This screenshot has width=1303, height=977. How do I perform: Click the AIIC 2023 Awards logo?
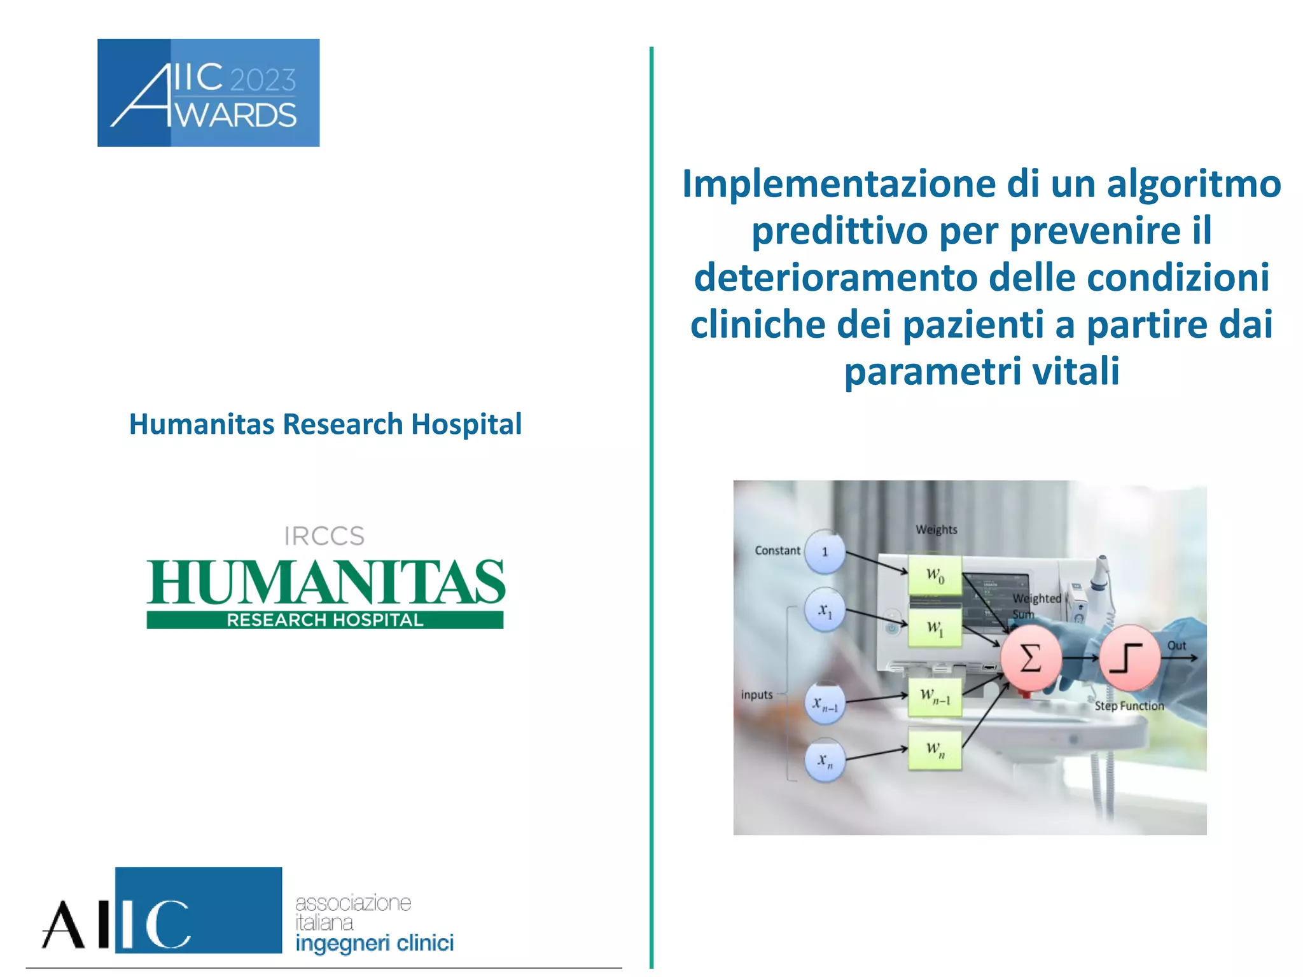(x=208, y=93)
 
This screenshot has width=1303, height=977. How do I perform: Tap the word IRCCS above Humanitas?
(x=324, y=536)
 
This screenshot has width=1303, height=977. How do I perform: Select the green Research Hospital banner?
(x=324, y=620)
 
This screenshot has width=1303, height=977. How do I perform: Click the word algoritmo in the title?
(x=1194, y=184)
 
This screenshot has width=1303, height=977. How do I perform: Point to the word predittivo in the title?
(x=840, y=231)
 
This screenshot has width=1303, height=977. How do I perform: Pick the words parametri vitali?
(x=981, y=371)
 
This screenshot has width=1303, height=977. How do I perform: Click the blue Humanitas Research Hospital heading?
(x=325, y=424)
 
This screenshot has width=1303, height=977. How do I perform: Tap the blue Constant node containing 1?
(x=825, y=551)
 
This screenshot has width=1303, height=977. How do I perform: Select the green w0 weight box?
(x=935, y=576)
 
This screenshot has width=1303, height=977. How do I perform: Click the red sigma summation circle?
(x=1031, y=658)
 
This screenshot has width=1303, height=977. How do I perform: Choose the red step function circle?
(x=1129, y=658)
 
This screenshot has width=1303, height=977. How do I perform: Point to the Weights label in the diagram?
(x=936, y=529)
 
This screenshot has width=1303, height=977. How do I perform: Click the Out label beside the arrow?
(x=1176, y=646)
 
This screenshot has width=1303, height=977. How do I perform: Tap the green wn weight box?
(x=935, y=749)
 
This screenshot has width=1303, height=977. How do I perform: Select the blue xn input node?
(x=825, y=760)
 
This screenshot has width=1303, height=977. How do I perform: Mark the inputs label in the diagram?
(x=756, y=695)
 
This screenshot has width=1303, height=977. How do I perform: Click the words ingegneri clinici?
(x=374, y=943)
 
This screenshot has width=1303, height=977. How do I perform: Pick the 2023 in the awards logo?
(x=263, y=80)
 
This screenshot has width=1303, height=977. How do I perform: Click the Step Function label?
(x=1129, y=706)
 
